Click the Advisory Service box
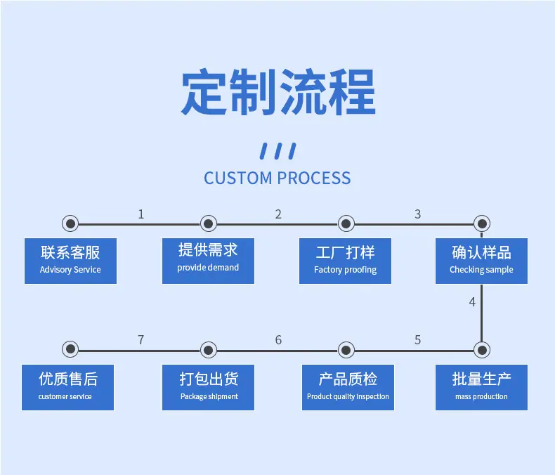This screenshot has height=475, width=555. pyautogui.click(x=70, y=261)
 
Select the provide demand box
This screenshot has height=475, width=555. pyautogui.click(x=208, y=261)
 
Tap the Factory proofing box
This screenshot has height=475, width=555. pyautogui.click(x=345, y=261)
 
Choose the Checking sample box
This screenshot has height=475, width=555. pyautogui.click(x=481, y=261)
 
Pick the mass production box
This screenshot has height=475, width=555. pyautogui.click(x=481, y=388)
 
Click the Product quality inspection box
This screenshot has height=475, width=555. pyautogui.click(x=348, y=388)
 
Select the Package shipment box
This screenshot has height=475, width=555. pyautogui.click(x=208, y=388)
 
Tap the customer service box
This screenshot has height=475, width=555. pyautogui.click(x=67, y=388)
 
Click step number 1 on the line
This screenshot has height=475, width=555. pyautogui.click(x=141, y=214)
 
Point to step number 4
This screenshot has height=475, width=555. pyautogui.click(x=472, y=302)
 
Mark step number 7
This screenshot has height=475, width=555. pyautogui.click(x=141, y=340)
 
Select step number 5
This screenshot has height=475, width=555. pyautogui.click(x=418, y=340)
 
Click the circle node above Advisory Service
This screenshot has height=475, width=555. pyautogui.click(x=70, y=223)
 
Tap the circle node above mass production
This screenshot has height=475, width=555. pyautogui.click(x=482, y=350)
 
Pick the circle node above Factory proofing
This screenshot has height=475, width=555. pyautogui.click(x=346, y=223)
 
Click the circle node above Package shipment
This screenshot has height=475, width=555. pyautogui.click(x=209, y=350)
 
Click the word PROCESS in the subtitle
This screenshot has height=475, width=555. pyautogui.click(x=314, y=178)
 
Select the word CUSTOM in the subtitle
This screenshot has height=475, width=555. pyautogui.click(x=238, y=178)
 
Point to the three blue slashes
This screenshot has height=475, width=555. pyautogui.click(x=278, y=151)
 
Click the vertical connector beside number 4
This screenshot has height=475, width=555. pyautogui.click(x=481, y=313)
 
